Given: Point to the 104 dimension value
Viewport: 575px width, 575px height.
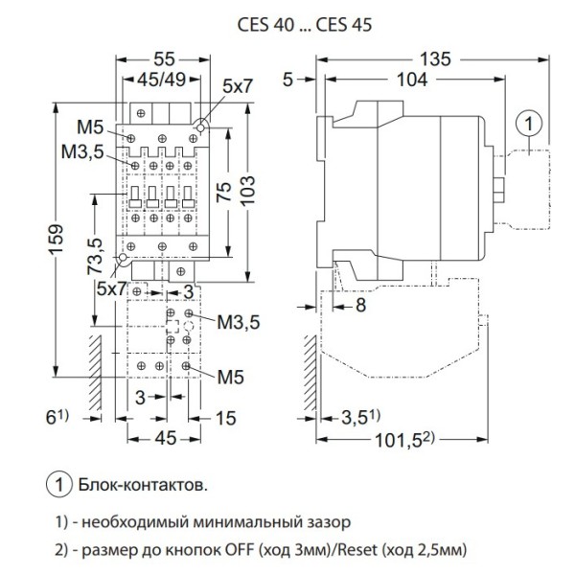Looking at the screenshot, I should point(412,81).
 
